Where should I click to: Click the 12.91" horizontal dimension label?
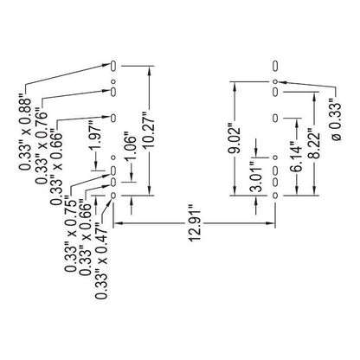[x=195, y=223]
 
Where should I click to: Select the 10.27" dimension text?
[x=150, y=130]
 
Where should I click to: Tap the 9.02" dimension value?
[x=235, y=139]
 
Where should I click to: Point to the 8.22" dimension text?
[x=314, y=144]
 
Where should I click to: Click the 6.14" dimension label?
[x=297, y=156]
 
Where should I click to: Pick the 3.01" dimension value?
[x=256, y=177]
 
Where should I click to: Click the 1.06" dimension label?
[x=132, y=148]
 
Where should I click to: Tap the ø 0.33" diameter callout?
[x=335, y=120]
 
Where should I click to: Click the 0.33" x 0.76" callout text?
[x=41, y=145]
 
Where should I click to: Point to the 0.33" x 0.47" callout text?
[x=102, y=260]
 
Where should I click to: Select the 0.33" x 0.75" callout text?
[x=71, y=234]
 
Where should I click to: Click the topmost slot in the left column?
[x=113, y=66]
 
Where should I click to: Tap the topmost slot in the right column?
[x=275, y=66]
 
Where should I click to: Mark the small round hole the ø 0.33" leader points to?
[x=275, y=82]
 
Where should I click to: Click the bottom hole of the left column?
[x=113, y=196]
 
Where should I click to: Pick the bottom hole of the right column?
[x=275, y=196]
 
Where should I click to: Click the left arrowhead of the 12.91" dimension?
[x=118, y=223]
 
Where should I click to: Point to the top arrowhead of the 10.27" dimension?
[x=149, y=70]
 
